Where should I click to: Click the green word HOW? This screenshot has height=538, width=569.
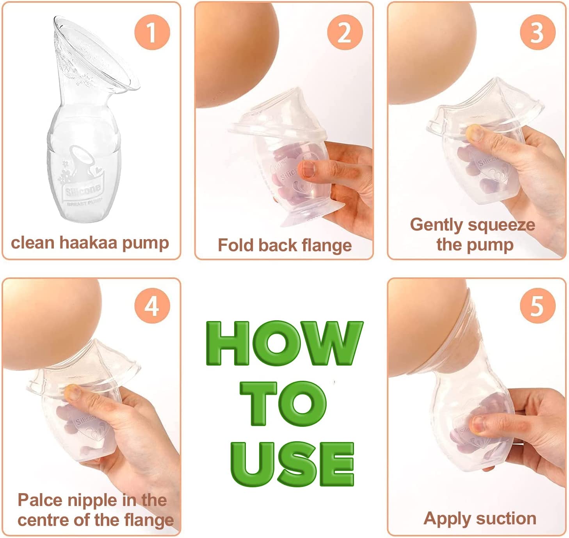point(284,343)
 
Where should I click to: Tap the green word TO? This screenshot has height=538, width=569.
point(284,403)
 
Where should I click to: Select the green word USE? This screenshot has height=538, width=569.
point(292,463)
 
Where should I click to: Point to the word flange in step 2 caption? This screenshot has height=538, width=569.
point(326,245)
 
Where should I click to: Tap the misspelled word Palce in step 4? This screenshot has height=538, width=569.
point(40,500)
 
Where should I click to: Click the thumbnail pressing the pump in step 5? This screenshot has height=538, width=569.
point(478,424)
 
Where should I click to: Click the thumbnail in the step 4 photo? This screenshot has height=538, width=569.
point(73,392)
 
